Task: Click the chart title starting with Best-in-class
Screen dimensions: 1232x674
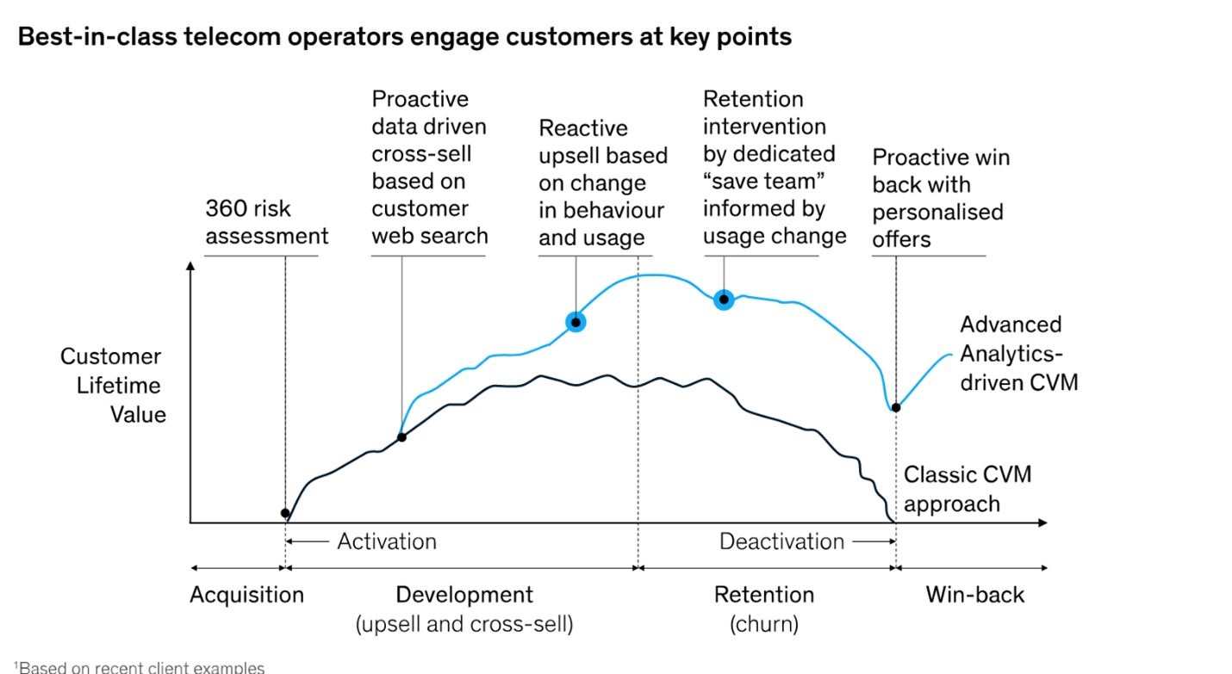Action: click(405, 37)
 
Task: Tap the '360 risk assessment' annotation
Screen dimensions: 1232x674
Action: click(267, 222)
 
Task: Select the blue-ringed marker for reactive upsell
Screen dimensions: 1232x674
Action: click(576, 323)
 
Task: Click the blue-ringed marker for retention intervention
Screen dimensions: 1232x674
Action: click(724, 300)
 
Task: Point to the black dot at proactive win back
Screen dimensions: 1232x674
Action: click(896, 408)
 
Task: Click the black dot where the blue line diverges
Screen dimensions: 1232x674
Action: click(402, 437)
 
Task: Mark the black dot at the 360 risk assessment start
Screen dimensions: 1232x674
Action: click(285, 513)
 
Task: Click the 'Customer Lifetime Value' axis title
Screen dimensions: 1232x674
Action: click(113, 385)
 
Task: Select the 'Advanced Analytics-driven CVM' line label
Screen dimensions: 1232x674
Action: click(1019, 354)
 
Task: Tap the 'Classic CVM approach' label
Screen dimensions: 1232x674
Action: click(968, 489)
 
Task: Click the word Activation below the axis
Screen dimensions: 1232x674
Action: click(387, 541)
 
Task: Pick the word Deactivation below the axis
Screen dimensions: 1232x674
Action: click(781, 541)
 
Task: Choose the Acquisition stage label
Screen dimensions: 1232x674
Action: click(247, 595)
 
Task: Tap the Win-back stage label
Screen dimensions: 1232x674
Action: click(975, 595)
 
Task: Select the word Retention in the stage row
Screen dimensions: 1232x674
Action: click(764, 595)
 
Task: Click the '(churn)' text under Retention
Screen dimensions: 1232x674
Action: click(764, 624)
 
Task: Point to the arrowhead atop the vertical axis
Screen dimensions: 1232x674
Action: click(190, 266)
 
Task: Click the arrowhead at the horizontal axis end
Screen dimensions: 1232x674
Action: click(1042, 523)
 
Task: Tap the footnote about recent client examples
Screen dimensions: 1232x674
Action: click(140, 667)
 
